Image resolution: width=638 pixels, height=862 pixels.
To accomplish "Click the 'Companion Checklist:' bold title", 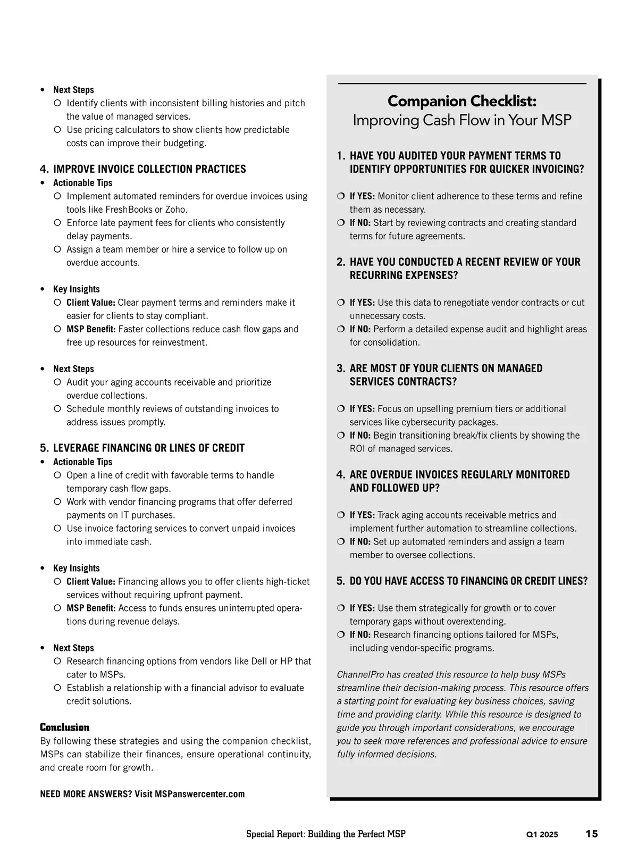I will pyautogui.click(x=461, y=101).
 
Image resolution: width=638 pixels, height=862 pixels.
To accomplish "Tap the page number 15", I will pyautogui.click(x=591, y=834).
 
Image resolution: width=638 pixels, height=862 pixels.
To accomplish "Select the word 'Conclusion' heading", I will pyautogui.click(x=65, y=727).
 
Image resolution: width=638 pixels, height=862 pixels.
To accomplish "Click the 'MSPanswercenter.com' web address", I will pyautogui.click(x=200, y=794).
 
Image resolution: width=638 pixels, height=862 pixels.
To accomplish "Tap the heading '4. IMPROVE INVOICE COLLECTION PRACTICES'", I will pyautogui.click(x=143, y=169).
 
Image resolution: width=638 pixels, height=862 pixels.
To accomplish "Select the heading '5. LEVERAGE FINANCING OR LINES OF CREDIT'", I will pyautogui.click(x=142, y=448).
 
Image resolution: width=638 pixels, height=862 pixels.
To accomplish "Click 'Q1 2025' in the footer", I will pyautogui.click(x=542, y=834).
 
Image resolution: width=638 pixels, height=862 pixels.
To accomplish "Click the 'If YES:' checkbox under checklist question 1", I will pyautogui.click(x=341, y=196).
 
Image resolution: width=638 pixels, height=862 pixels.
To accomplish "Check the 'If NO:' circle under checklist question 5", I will pyautogui.click(x=341, y=635).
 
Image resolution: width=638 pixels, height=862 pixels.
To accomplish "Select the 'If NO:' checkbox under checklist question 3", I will pyautogui.click(x=341, y=436).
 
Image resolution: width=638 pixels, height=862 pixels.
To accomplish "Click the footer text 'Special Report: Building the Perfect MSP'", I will pyautogui.click(x=325, y=834).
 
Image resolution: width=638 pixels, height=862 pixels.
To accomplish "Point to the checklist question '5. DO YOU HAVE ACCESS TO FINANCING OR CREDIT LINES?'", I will pyautogui.click(x=462, y=581).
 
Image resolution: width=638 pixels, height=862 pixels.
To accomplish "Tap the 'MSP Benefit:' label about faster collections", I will pyautogui.click(x=91, y=329).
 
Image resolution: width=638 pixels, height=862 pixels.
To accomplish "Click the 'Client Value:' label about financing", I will pyautogui.click(x=91, y=582).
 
